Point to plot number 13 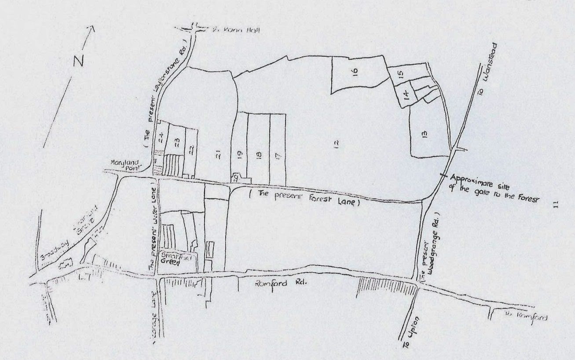point(425,134)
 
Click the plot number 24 point(161,137)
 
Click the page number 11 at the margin point(556,204)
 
